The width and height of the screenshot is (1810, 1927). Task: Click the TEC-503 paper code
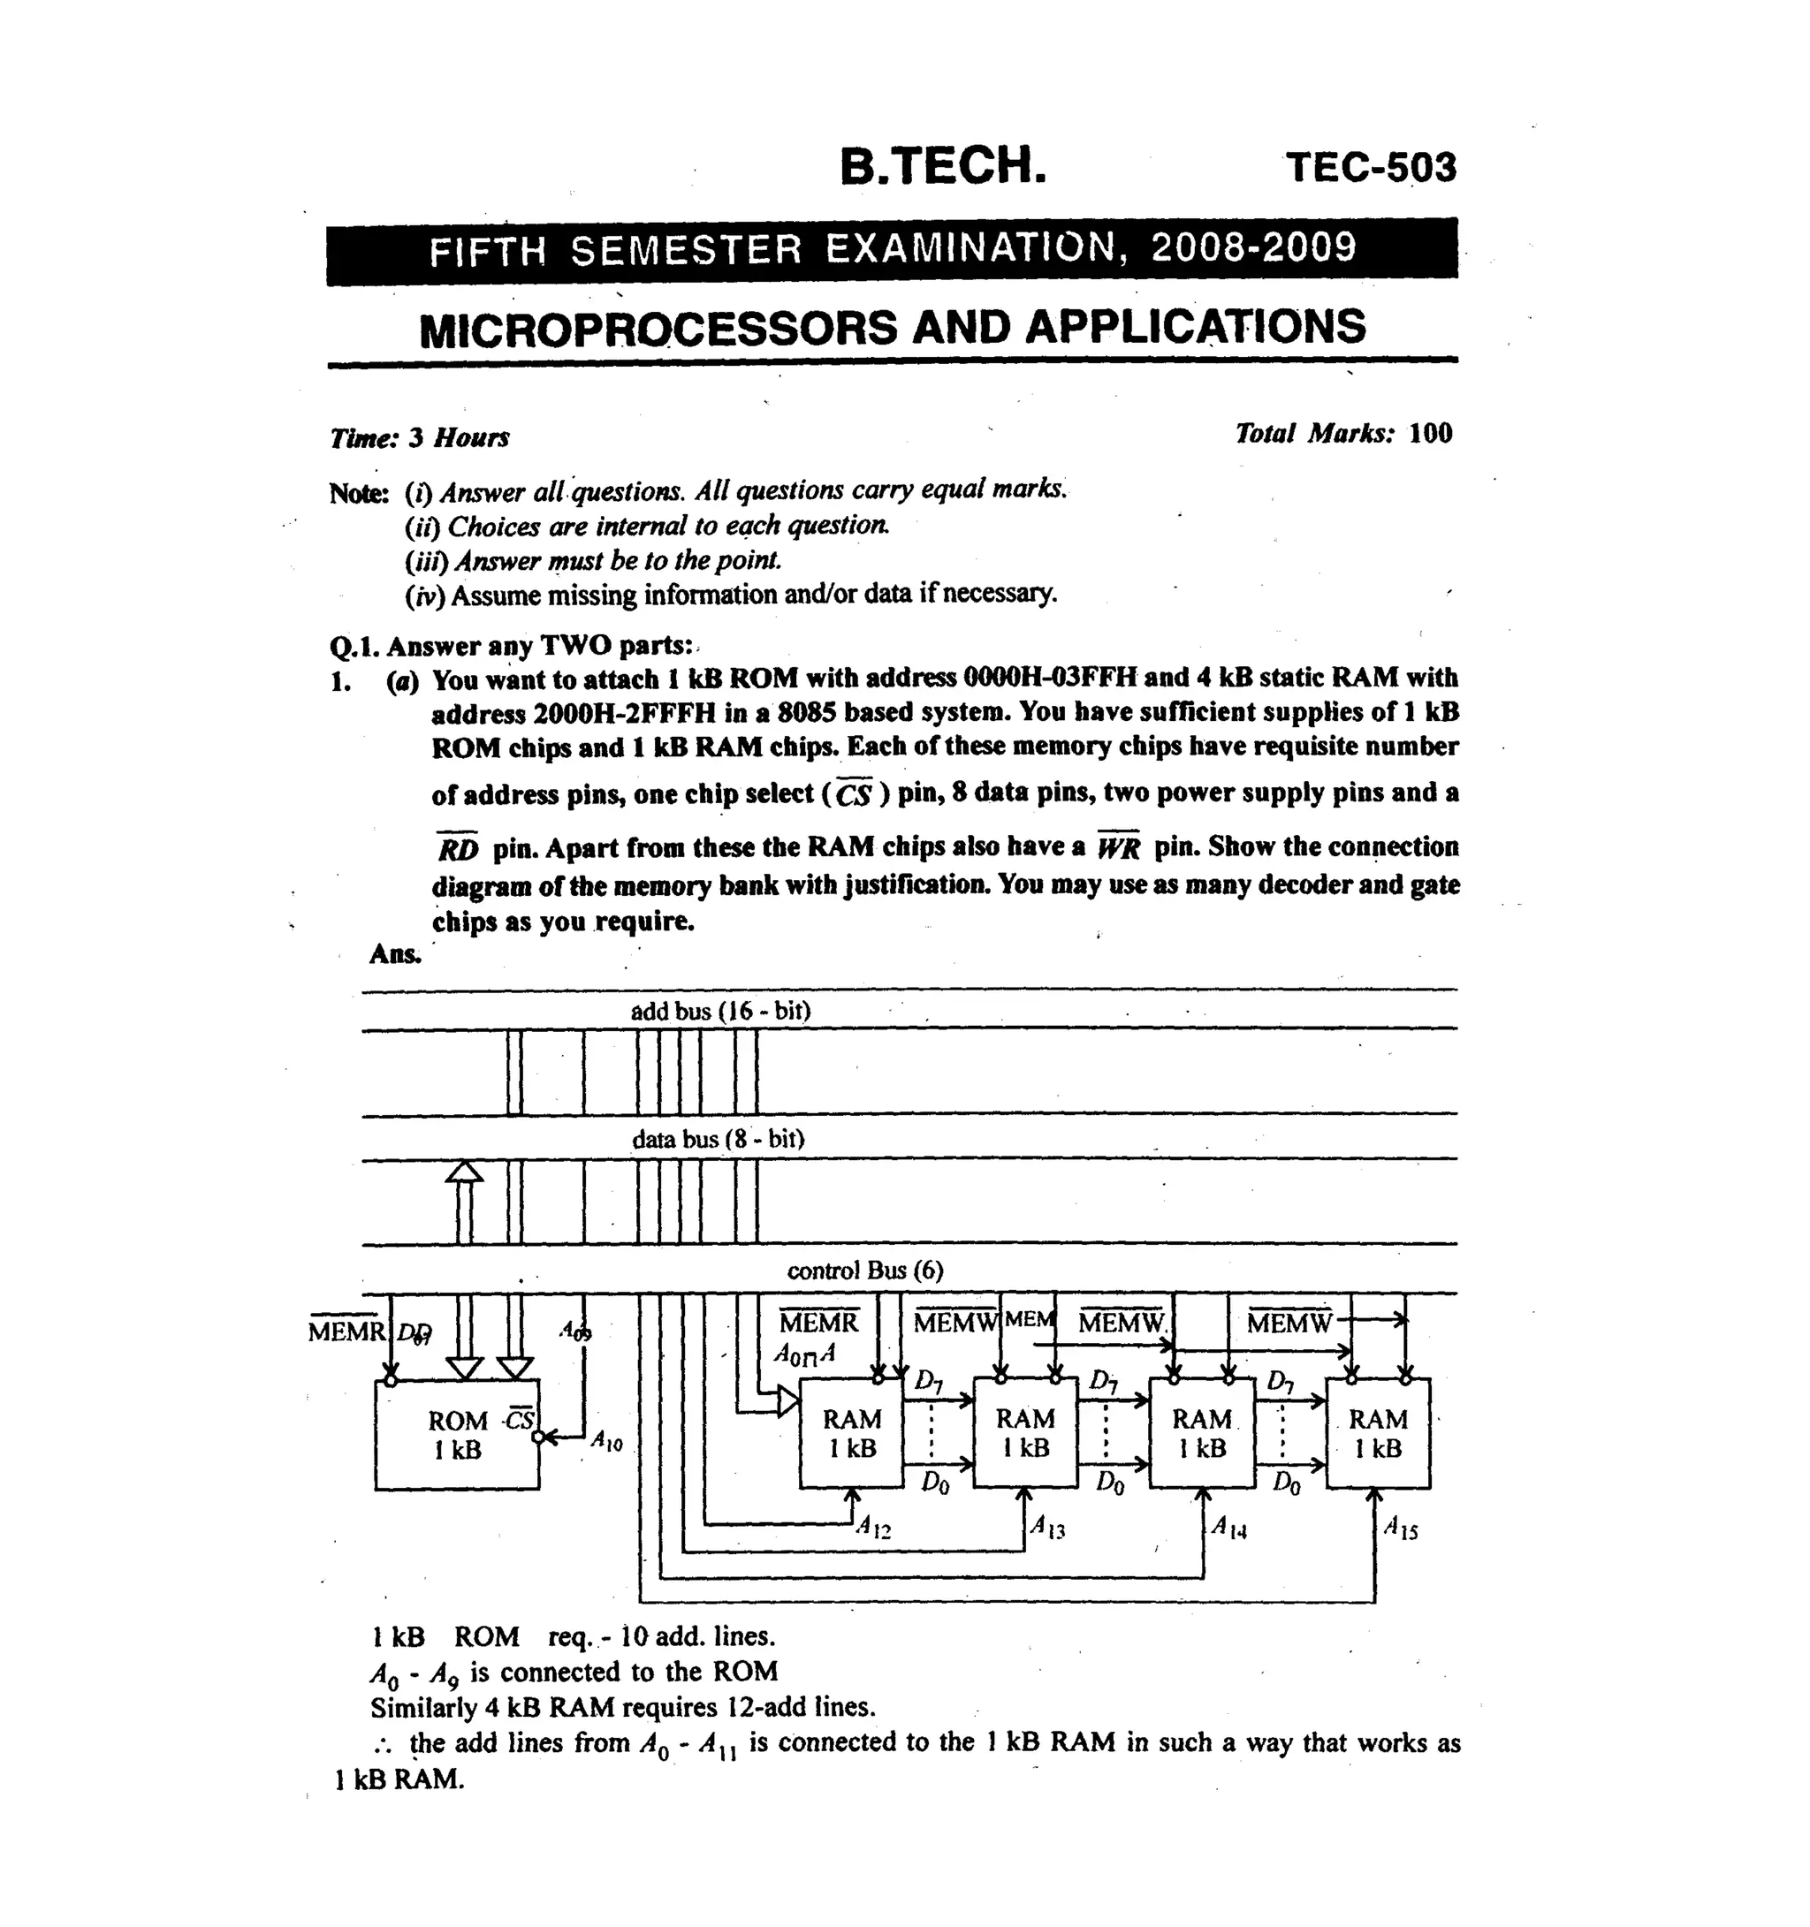click(x=1370, y=167)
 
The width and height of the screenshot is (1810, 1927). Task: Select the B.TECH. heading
click(x=942, y=165)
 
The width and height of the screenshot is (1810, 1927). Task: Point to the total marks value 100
click(x=1430, y=433)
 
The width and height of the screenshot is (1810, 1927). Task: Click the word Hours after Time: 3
click(x=471, y=438)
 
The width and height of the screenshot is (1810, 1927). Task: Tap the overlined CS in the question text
click(x=853, y=795)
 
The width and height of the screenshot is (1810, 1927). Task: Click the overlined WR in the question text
click(x=1119, y=848)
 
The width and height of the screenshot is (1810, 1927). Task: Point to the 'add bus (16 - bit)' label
click(x=720, y=1011)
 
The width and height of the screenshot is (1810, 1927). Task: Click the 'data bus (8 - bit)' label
click(x=718, y=1138)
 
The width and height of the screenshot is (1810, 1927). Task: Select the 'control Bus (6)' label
click(x=864, y=1270)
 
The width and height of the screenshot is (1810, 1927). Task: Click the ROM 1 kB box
click(x=457, y=1435)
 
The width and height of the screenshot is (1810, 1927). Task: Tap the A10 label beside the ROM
click(x=607, y=1441)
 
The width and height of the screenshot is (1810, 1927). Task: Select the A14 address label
click(x=1228, y=1528)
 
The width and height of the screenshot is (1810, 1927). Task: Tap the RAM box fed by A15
click(x=1377, y=1432)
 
